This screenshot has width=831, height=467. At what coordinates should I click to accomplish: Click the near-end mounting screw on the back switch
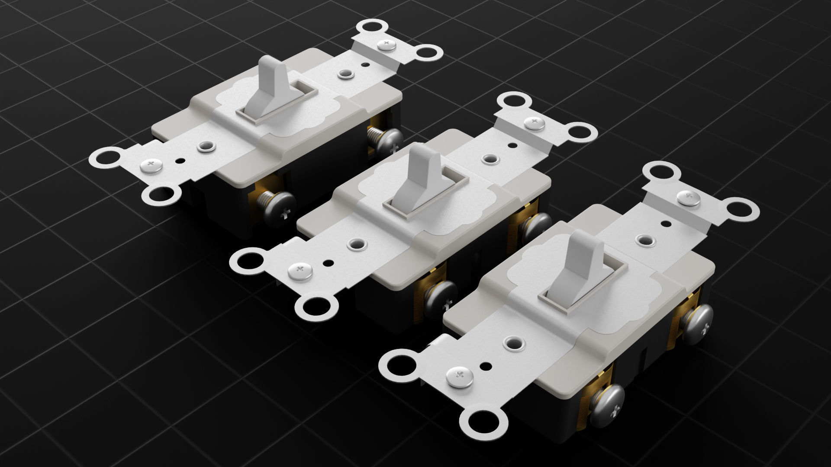click(151, 165)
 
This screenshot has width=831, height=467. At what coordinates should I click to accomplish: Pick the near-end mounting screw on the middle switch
click(300, 271)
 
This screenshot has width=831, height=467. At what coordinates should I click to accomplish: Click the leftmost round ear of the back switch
click(106, 157)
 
